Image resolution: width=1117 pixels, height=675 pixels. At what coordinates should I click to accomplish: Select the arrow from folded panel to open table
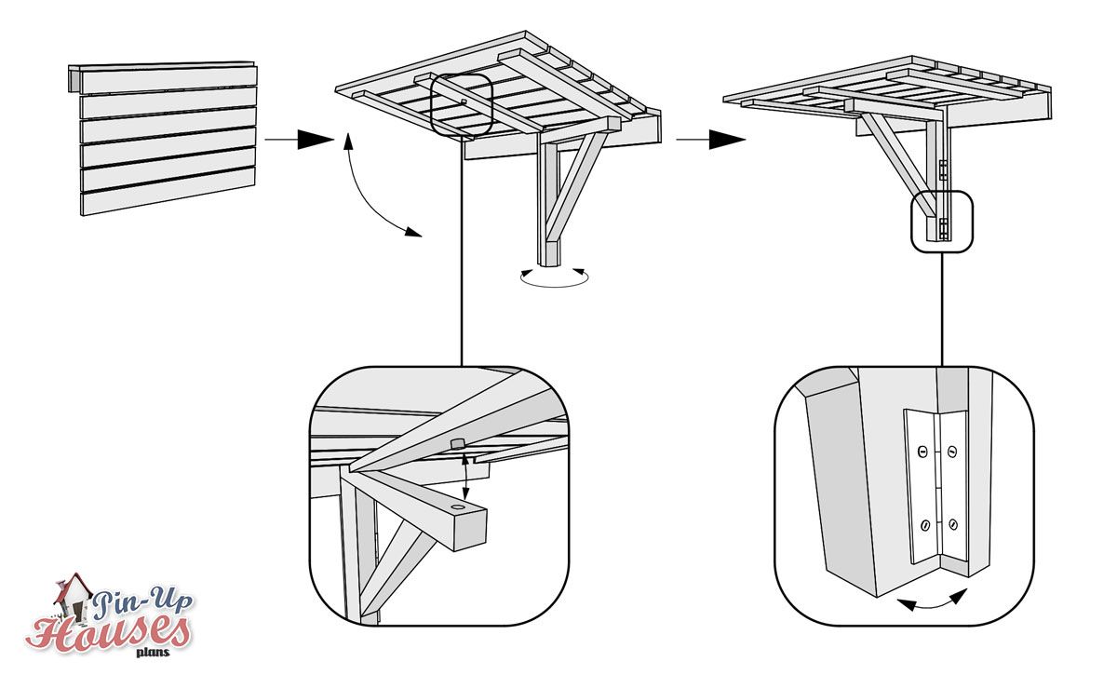pos(298,140)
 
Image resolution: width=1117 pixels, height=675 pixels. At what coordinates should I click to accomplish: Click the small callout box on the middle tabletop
pos(462,102)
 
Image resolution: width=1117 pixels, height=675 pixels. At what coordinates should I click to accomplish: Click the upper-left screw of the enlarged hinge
pos(922,452)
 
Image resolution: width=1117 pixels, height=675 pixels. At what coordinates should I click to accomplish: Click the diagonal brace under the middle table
pos(572,186)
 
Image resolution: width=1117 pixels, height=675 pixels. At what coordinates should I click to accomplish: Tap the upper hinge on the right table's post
pos(943,169)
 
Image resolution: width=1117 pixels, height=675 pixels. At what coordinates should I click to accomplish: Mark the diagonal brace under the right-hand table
pos(889,154)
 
